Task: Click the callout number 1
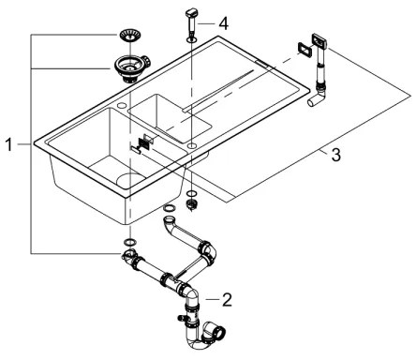(8, 145)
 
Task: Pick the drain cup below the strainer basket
(125, 67)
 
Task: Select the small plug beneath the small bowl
(192, 201)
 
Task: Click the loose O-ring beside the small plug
(171, 208)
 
